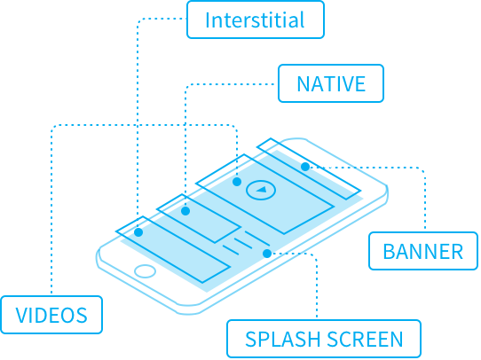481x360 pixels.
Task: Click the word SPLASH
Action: tap(283, 340)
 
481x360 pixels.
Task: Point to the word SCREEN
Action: tap(365, 340)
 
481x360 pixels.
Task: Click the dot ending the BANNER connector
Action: tap(305, 167)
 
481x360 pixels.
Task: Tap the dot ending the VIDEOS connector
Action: tap(237, 182)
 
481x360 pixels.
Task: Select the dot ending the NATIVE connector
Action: tap(185, 211)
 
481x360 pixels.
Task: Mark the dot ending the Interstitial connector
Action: tap(138, 232)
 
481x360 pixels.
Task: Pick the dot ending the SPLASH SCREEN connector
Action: tap(267, 254)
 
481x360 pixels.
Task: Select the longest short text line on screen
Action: tap(257, 238)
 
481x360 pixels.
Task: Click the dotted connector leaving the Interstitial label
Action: tap(138, 122)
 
